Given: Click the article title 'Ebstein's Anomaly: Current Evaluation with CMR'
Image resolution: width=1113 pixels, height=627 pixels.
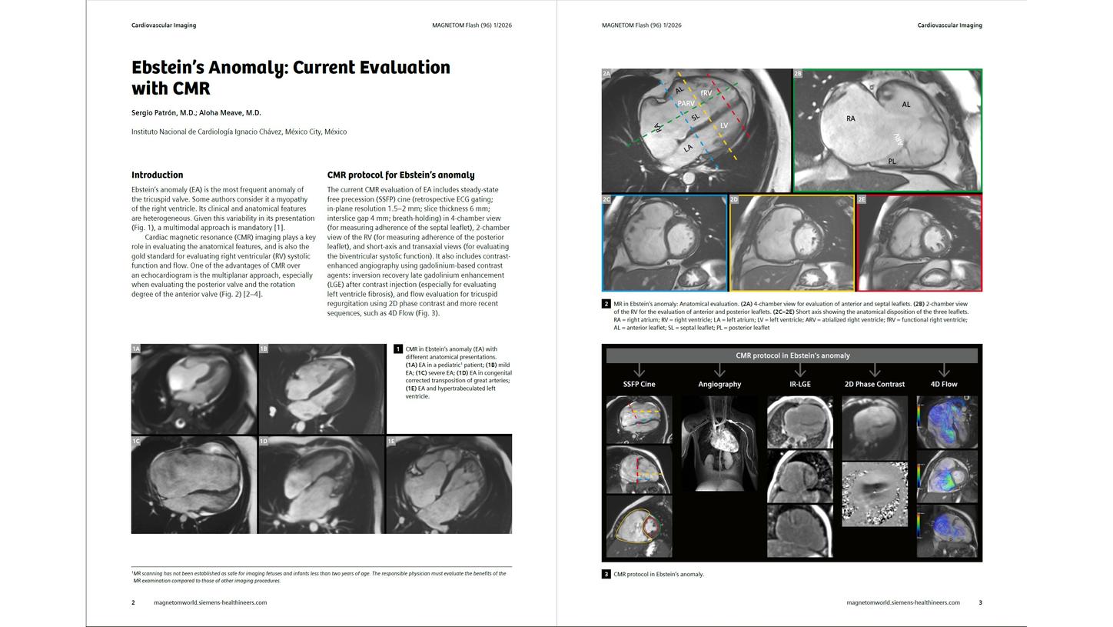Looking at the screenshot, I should tap(291, 78).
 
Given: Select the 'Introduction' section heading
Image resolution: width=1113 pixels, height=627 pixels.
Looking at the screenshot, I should tap(157, 175).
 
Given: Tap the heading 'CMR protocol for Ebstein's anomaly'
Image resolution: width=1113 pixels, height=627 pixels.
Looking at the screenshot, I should tap(400, 175).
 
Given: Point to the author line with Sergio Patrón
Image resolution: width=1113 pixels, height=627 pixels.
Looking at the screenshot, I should tap(196, 113).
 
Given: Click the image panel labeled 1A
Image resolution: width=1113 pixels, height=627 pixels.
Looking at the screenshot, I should tap(194, 389).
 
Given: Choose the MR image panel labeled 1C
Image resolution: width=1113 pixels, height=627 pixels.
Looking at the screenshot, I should tap(194, 485).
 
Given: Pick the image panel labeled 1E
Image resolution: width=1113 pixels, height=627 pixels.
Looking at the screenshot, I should tap(449, 485).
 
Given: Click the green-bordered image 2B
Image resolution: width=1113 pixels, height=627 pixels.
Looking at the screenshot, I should tap(888, 130).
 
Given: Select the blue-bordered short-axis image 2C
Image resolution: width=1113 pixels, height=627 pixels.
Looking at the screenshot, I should tap(664, 243).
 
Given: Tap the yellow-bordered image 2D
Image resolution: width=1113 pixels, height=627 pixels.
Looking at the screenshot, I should tap(792, 243).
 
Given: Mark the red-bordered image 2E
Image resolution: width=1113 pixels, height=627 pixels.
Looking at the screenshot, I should tap(919, 243).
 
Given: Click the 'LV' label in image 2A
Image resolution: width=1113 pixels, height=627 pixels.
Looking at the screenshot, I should tap(724, 125).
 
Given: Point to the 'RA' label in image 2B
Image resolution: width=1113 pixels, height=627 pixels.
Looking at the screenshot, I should tap(850, 118).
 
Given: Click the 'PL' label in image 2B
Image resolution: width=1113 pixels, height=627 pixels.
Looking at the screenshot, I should tap(892, 162).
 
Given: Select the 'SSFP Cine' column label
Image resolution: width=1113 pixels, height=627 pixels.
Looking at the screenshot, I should tap(639, 384).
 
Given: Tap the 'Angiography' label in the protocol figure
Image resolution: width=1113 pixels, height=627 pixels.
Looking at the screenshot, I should tap(719, 384).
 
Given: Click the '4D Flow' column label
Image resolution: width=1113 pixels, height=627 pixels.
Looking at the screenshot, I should tap(944, 384).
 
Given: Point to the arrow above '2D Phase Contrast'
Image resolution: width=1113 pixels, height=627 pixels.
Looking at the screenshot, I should tap(875, 371).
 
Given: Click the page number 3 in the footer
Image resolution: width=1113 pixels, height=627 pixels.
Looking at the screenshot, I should tap(980, 602).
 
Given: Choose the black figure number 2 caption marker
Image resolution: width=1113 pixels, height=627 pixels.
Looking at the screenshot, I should tap(606, 304).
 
